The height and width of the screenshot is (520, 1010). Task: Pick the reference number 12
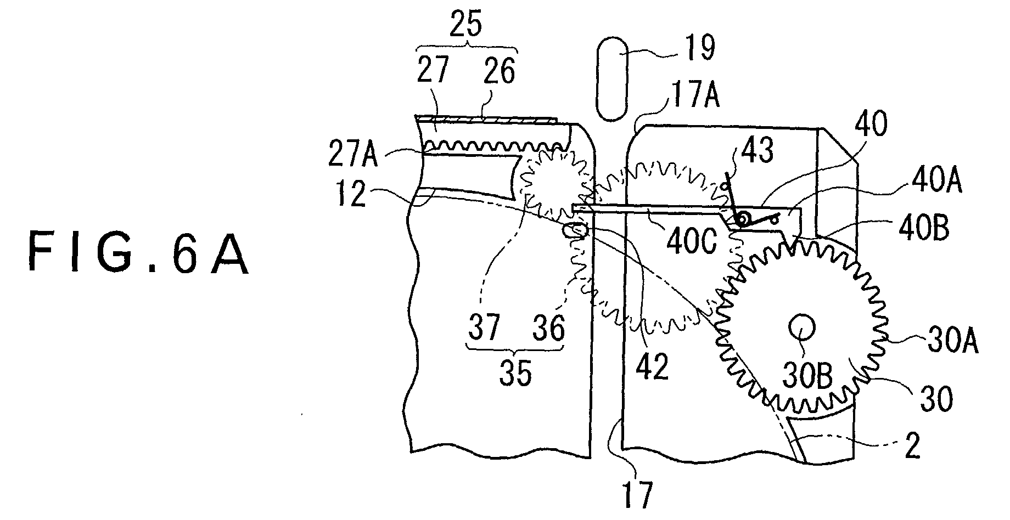pos(352,194)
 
